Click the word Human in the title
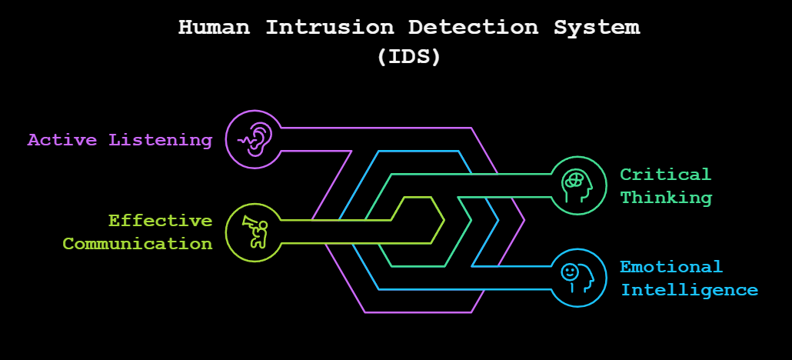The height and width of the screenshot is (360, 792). (215, 27)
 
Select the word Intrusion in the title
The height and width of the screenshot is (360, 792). (329, 27)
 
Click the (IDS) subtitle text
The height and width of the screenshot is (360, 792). (409, 57)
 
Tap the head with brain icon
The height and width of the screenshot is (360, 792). (578, 185)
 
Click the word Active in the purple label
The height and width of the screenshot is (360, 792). (62, 140)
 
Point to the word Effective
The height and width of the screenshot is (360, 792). (160, 221)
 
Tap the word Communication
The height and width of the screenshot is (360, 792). (137, 244)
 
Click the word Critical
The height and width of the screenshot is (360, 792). (666, 175)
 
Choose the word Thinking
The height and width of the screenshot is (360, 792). (666, 198)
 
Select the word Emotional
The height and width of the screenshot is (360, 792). (671, 267)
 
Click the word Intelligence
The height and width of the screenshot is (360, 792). (689, 290)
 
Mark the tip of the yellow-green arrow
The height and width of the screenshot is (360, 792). (444, 221)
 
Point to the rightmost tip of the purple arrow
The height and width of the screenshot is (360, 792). (524, 221)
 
